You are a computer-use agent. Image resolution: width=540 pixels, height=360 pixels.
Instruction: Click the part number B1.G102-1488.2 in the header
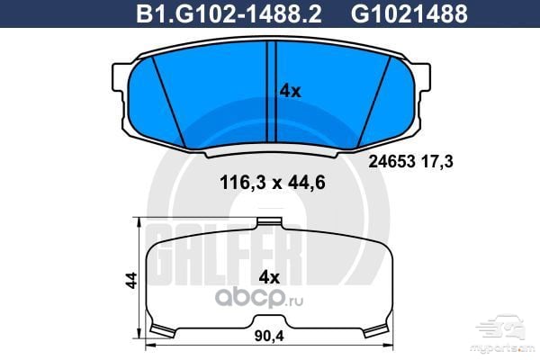click(229, 13)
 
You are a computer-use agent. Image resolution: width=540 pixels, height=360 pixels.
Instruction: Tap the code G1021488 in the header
click(409, 13)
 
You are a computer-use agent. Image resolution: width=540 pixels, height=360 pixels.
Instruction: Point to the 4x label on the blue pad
click(290, 91)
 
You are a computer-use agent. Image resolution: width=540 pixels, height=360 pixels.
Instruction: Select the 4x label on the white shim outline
click(269, 277)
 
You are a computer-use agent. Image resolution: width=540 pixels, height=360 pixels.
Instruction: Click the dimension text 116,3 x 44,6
click(273, 182)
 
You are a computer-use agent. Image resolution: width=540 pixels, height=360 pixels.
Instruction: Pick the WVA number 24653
click(391, 161)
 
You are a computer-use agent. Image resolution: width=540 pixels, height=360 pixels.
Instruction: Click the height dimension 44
click(131, 281)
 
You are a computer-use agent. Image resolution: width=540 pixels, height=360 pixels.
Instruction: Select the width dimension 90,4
click(269, 336)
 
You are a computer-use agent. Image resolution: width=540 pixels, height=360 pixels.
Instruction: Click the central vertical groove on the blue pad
click(272, 91)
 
